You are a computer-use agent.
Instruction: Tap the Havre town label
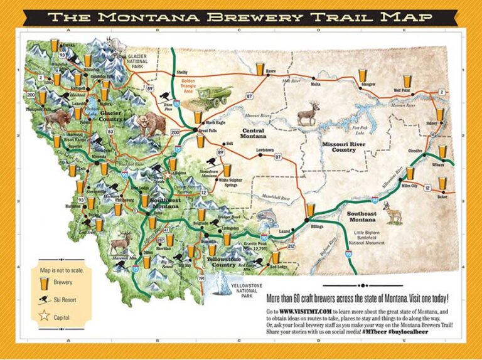[271, 71]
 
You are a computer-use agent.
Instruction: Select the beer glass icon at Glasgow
[362, 76]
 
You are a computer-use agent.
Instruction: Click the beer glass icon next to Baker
[442, 183]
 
